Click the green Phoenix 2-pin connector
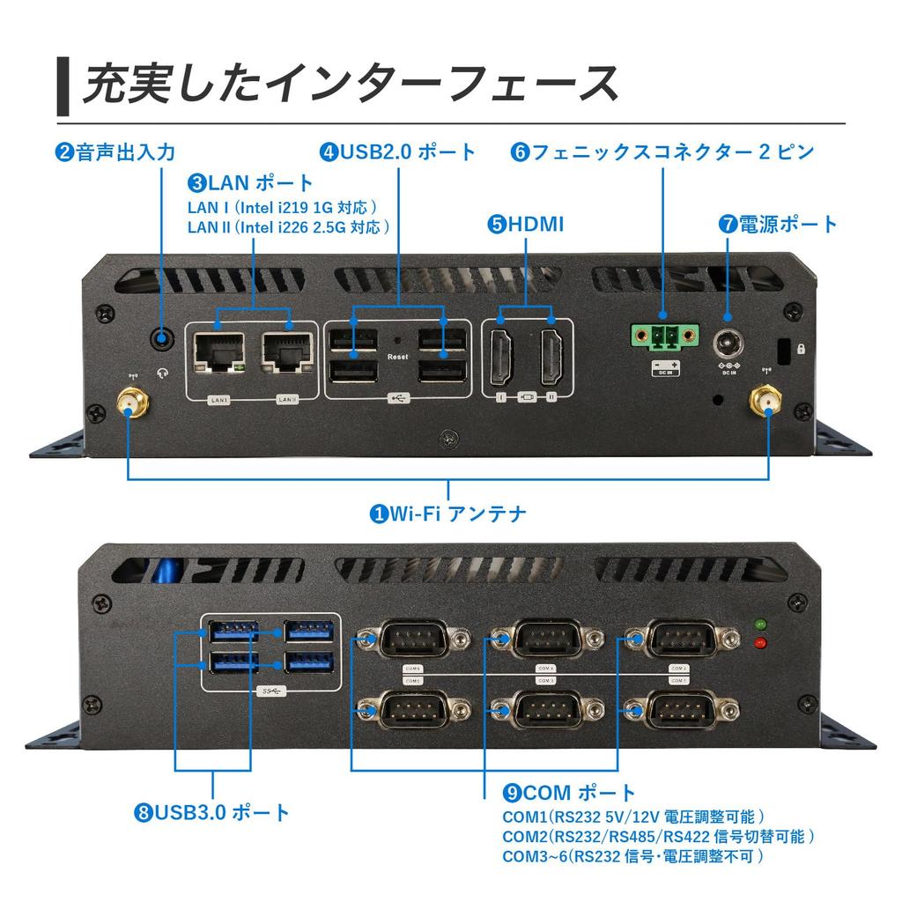[664, 336]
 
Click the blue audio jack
[162, 336]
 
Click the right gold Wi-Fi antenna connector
[765, 403]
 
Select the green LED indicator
[759, 625]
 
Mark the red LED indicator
[759, 643]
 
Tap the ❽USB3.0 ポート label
[212, 811]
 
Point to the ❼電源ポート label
[779, 224]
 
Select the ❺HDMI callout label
[525, 224]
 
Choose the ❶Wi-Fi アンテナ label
[447, 513]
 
